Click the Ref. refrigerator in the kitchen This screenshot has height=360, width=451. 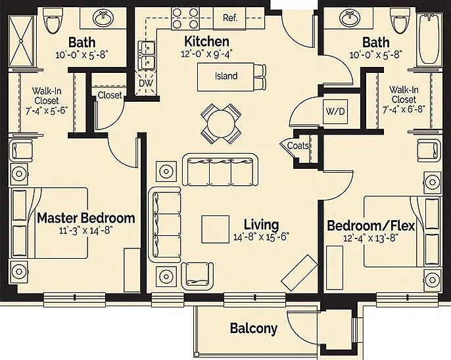tap(229, 18)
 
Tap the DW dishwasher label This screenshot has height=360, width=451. tap(146, 83)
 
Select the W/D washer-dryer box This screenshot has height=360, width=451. tap(335, 112)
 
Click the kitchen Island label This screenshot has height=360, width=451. tap(226, 76)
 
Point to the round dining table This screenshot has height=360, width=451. tap(221, 124)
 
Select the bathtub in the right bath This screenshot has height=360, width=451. tap(429, 39)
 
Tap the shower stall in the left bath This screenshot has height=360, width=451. tap(21, 41)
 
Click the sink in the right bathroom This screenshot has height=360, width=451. tap(350, 18)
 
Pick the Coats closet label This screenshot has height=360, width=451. tap(298, 146)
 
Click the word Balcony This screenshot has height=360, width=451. tap(254, 328)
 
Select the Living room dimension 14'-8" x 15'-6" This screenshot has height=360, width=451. tap(261, 237)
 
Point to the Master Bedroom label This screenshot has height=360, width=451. tap(86, 218)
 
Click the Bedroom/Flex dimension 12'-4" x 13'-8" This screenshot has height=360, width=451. tap(370, 238)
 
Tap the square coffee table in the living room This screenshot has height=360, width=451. tap(216, 229)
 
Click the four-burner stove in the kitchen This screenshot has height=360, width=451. tap(185, 18)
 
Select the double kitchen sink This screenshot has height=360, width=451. tap(147, 55)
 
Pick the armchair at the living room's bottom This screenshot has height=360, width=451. tap(197, 275)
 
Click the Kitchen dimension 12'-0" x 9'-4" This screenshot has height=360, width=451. tap(206, 54)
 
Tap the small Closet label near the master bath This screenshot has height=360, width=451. tap(110, 95)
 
